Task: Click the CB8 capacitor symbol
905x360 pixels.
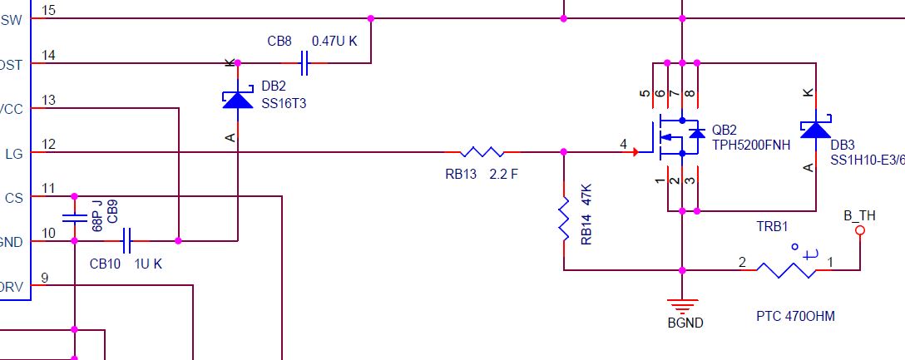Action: tap(304, 63)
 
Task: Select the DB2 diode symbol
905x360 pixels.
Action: tap(238, 99)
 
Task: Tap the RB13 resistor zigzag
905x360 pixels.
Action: tap(482, 152)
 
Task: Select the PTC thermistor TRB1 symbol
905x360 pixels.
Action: tap(786, 269)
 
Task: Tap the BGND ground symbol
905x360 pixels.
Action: tap(682, 306)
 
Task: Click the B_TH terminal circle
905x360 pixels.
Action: tap(860, 230)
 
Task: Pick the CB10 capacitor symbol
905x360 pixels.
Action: tap(126, 241)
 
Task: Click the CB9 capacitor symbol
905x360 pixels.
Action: tap(74, 218)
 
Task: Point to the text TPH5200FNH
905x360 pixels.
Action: tap(751, 145)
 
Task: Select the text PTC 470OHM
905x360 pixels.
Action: tap(795, 317)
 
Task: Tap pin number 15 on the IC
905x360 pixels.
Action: tap(48, 10)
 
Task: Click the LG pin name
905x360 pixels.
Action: tap(13, 153)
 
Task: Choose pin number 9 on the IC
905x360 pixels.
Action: tap(45, 278)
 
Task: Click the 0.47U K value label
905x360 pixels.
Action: tap(334, 41)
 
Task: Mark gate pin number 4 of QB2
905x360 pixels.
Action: tap(623, 145)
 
